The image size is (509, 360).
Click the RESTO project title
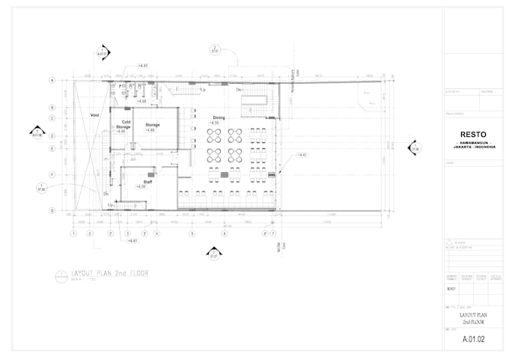472,135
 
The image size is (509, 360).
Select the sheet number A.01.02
473,339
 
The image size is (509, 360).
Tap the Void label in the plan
94,115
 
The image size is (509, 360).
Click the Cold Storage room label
123,124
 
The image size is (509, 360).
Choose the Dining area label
219,118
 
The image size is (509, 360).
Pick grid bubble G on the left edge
53,211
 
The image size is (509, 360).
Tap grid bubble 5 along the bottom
192,234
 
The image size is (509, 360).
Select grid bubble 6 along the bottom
224,234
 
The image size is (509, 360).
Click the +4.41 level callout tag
302,154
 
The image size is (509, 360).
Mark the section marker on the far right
413,147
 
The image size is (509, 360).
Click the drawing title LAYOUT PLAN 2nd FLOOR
109,273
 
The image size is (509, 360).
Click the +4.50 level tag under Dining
214,123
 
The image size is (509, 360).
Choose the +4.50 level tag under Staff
141,186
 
